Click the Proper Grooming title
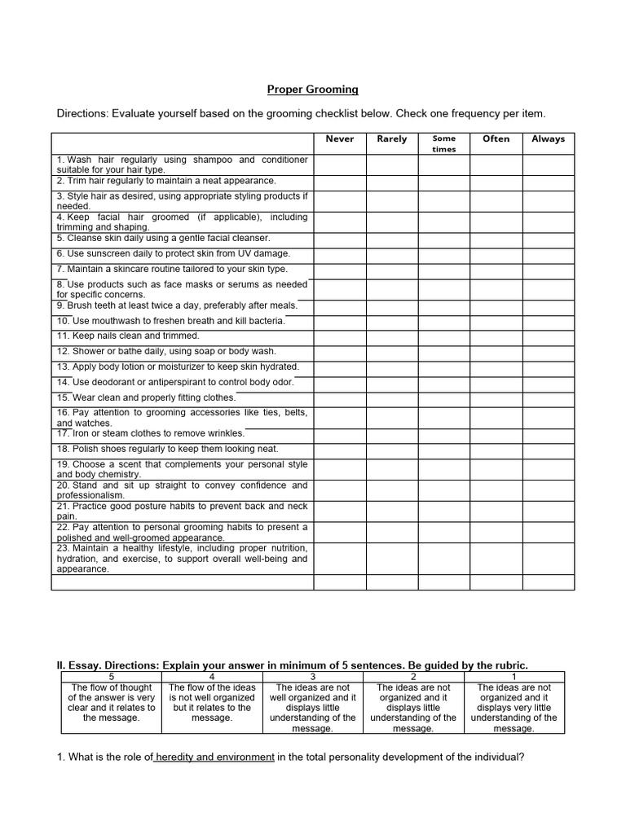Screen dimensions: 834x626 [x=314, y=89]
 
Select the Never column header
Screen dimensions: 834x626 [x=340, y=139]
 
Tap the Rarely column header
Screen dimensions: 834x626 [x=392, y=139]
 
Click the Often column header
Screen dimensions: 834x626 [x=496, y=139]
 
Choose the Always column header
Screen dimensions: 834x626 [x=549, y=139]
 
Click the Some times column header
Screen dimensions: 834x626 [x=444, y=143]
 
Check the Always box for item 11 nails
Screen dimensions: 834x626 [x=549, y=336]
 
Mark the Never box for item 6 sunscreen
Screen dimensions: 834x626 [x=340, y=253]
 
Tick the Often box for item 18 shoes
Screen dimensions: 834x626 [x=496, y=449]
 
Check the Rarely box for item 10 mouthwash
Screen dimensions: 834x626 [x=392, y=320]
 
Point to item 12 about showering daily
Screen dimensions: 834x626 [x=166, y=351]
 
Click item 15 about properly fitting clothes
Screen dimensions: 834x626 [x=146, y=397]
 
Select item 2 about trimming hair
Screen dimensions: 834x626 [x=166, y=181]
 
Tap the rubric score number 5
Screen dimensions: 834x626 [x=111, y=676]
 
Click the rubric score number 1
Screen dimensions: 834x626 [x=514, y=676]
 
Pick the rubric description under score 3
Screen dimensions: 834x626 [x=312, y=708]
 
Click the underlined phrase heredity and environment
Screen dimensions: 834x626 [x=214, y=757]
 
